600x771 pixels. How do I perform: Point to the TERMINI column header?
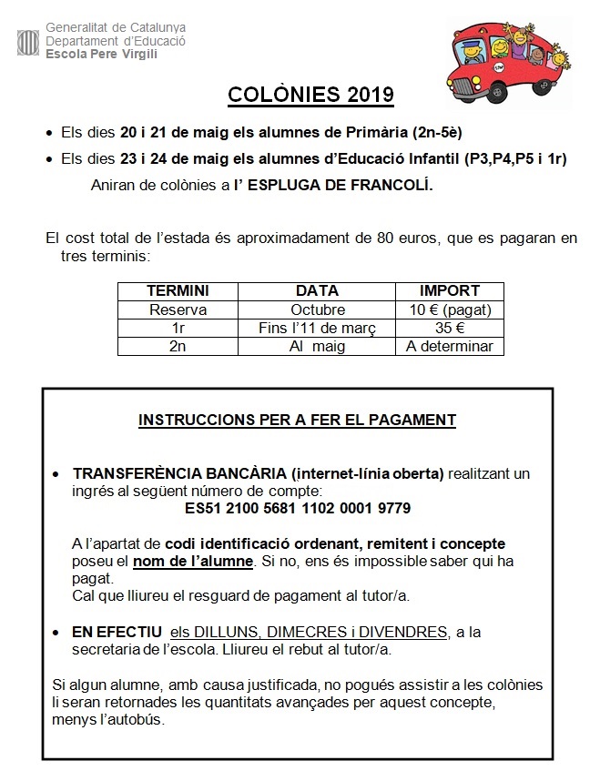click(x=178, y=291)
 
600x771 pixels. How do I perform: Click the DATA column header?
click(x=318, y=291)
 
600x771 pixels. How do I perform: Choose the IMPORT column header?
click(x=449, y=291)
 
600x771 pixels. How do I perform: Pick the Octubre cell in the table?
click(x=318, y=309)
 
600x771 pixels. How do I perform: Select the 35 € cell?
click(x=449, y=328)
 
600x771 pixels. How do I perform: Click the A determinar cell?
click(x=449, y=346)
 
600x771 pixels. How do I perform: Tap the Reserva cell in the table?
click(x=178, y=309)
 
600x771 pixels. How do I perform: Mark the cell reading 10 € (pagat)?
click(x=449, y=309)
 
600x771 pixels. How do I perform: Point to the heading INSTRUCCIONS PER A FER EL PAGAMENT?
click(x=297, y=421)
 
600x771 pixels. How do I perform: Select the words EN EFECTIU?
click(x=117, y=632)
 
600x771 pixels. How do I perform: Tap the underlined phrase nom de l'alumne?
click(x=193, y=561)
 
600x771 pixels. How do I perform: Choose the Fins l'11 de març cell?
click(x=318, y=328)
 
